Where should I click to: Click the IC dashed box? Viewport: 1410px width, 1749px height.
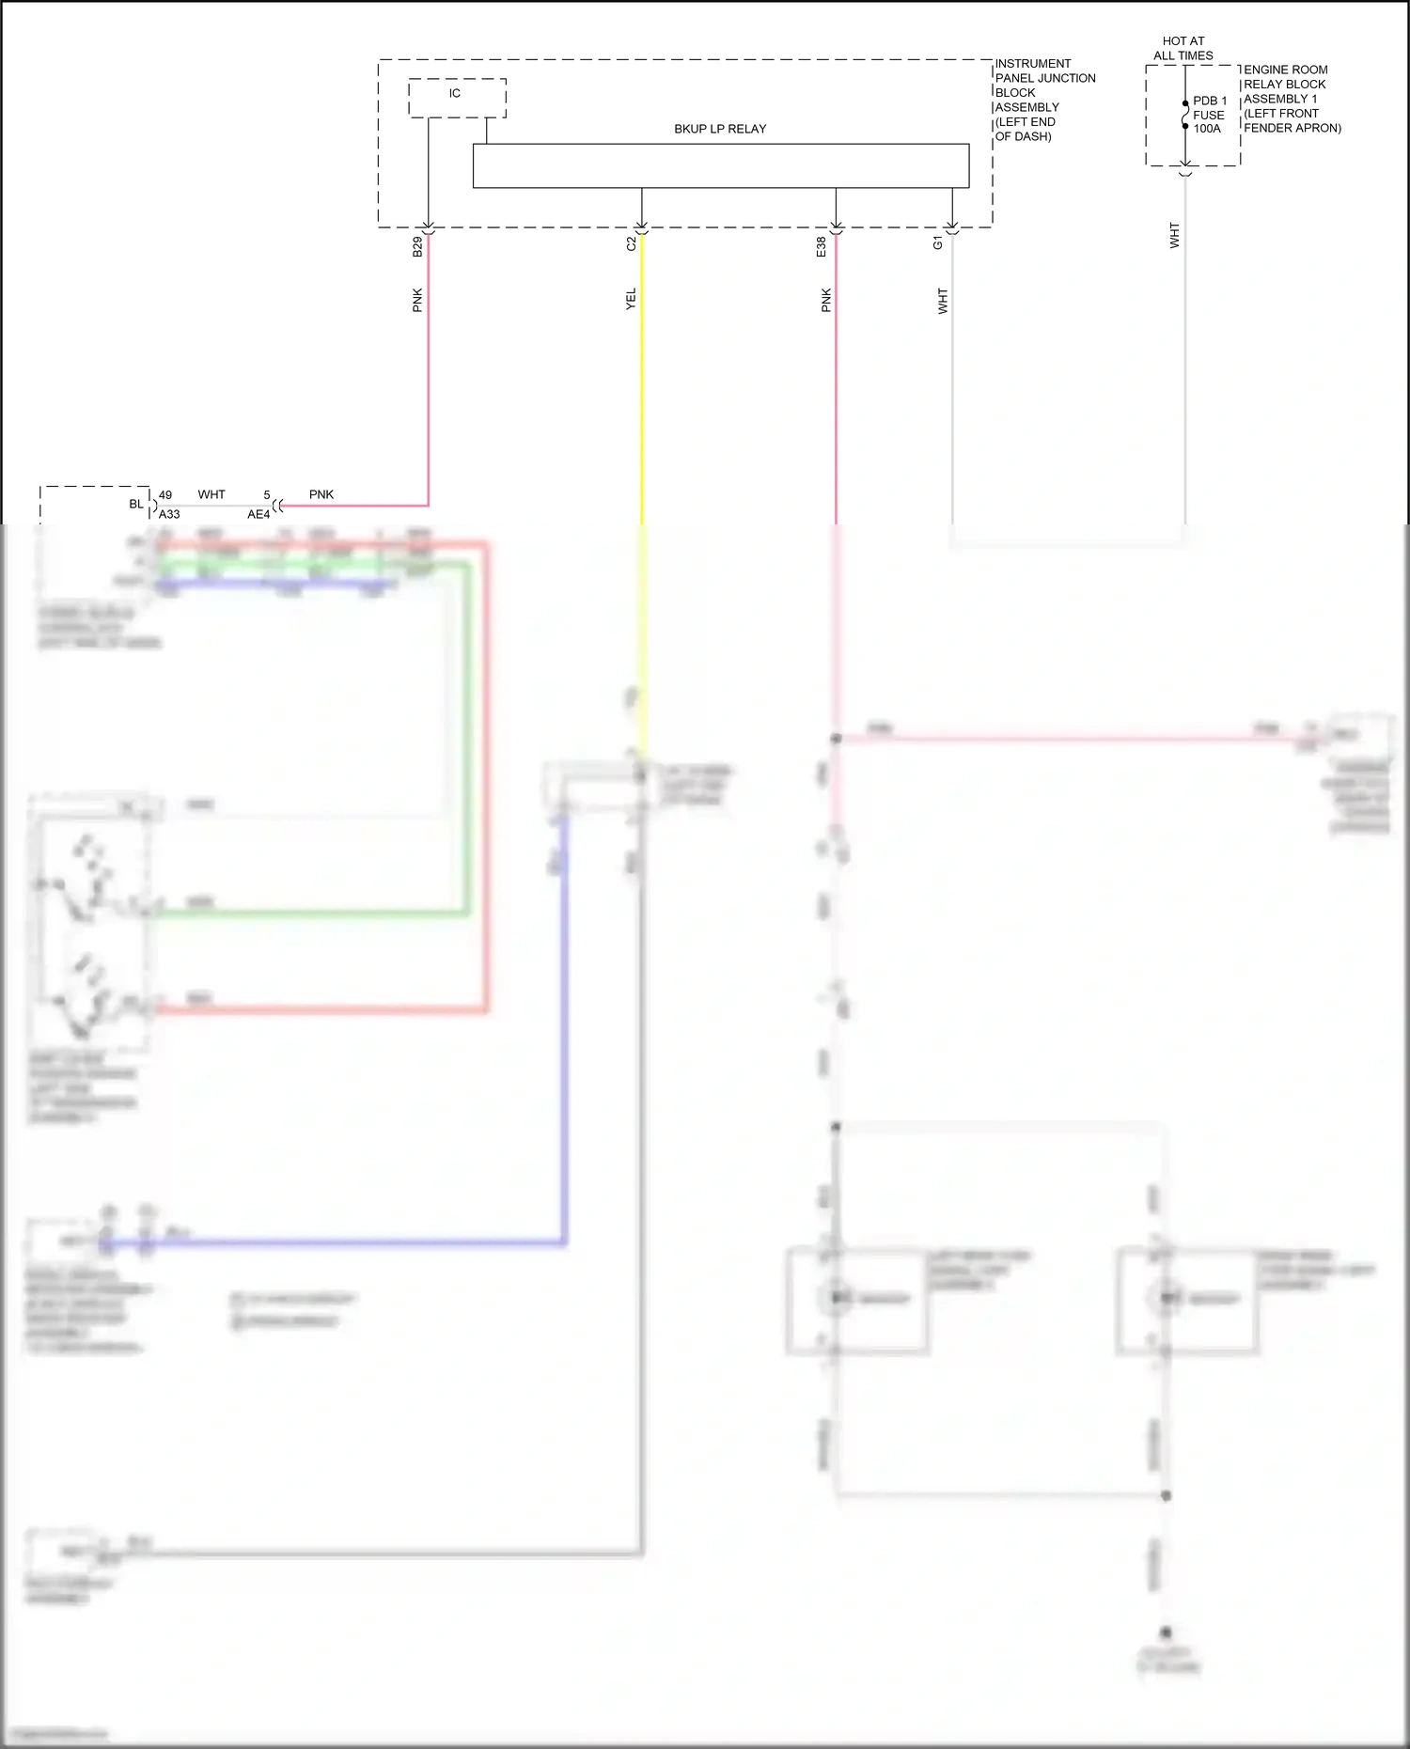457,98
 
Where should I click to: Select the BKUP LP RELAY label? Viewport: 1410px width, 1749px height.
720,129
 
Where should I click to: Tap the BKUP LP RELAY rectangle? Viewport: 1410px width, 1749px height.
720,165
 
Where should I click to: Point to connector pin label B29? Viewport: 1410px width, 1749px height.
417,247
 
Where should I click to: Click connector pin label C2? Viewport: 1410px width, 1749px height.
632,243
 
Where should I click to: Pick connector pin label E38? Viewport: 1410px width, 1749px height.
822,247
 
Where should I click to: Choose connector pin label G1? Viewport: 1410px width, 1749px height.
937,243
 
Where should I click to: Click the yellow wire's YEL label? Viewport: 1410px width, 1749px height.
631,299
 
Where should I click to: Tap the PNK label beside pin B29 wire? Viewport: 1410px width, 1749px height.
417,300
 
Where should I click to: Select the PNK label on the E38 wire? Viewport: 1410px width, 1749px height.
826,300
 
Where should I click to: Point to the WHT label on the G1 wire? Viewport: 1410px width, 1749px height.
943,301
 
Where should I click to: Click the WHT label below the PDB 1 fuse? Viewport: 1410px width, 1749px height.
1174,235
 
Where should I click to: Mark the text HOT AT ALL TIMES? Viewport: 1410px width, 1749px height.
1183,48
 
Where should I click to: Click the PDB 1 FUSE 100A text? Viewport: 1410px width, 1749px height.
1210,115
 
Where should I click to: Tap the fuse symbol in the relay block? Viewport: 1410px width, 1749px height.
1185,115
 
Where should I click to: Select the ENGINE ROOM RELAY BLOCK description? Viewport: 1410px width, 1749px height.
1292,99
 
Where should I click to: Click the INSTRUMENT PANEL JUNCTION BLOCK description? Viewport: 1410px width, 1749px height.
1044,100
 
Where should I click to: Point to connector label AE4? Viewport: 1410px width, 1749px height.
258,514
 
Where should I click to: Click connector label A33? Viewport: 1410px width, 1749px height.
169,514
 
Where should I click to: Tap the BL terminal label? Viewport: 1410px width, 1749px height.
136,504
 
